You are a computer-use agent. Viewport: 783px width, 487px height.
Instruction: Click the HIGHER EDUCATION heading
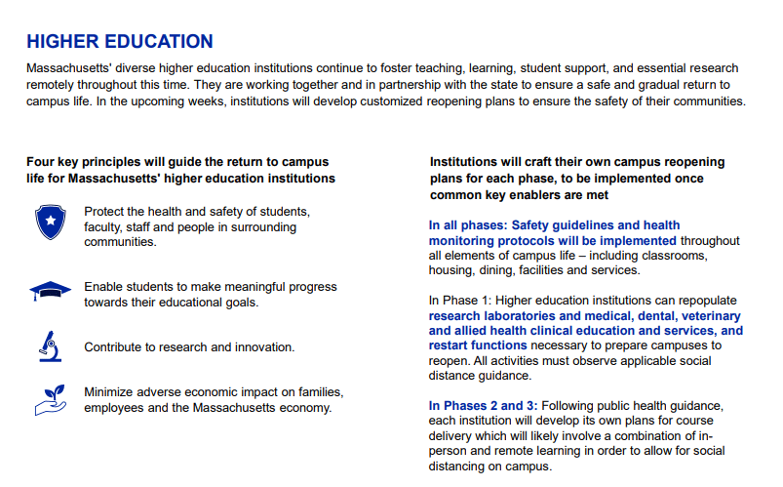(120, 41)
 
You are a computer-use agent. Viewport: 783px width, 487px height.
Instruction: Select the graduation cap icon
(49, 291)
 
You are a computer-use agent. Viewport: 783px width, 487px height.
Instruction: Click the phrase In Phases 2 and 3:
(483, 405)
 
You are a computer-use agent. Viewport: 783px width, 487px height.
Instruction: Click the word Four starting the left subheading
(42, 161)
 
